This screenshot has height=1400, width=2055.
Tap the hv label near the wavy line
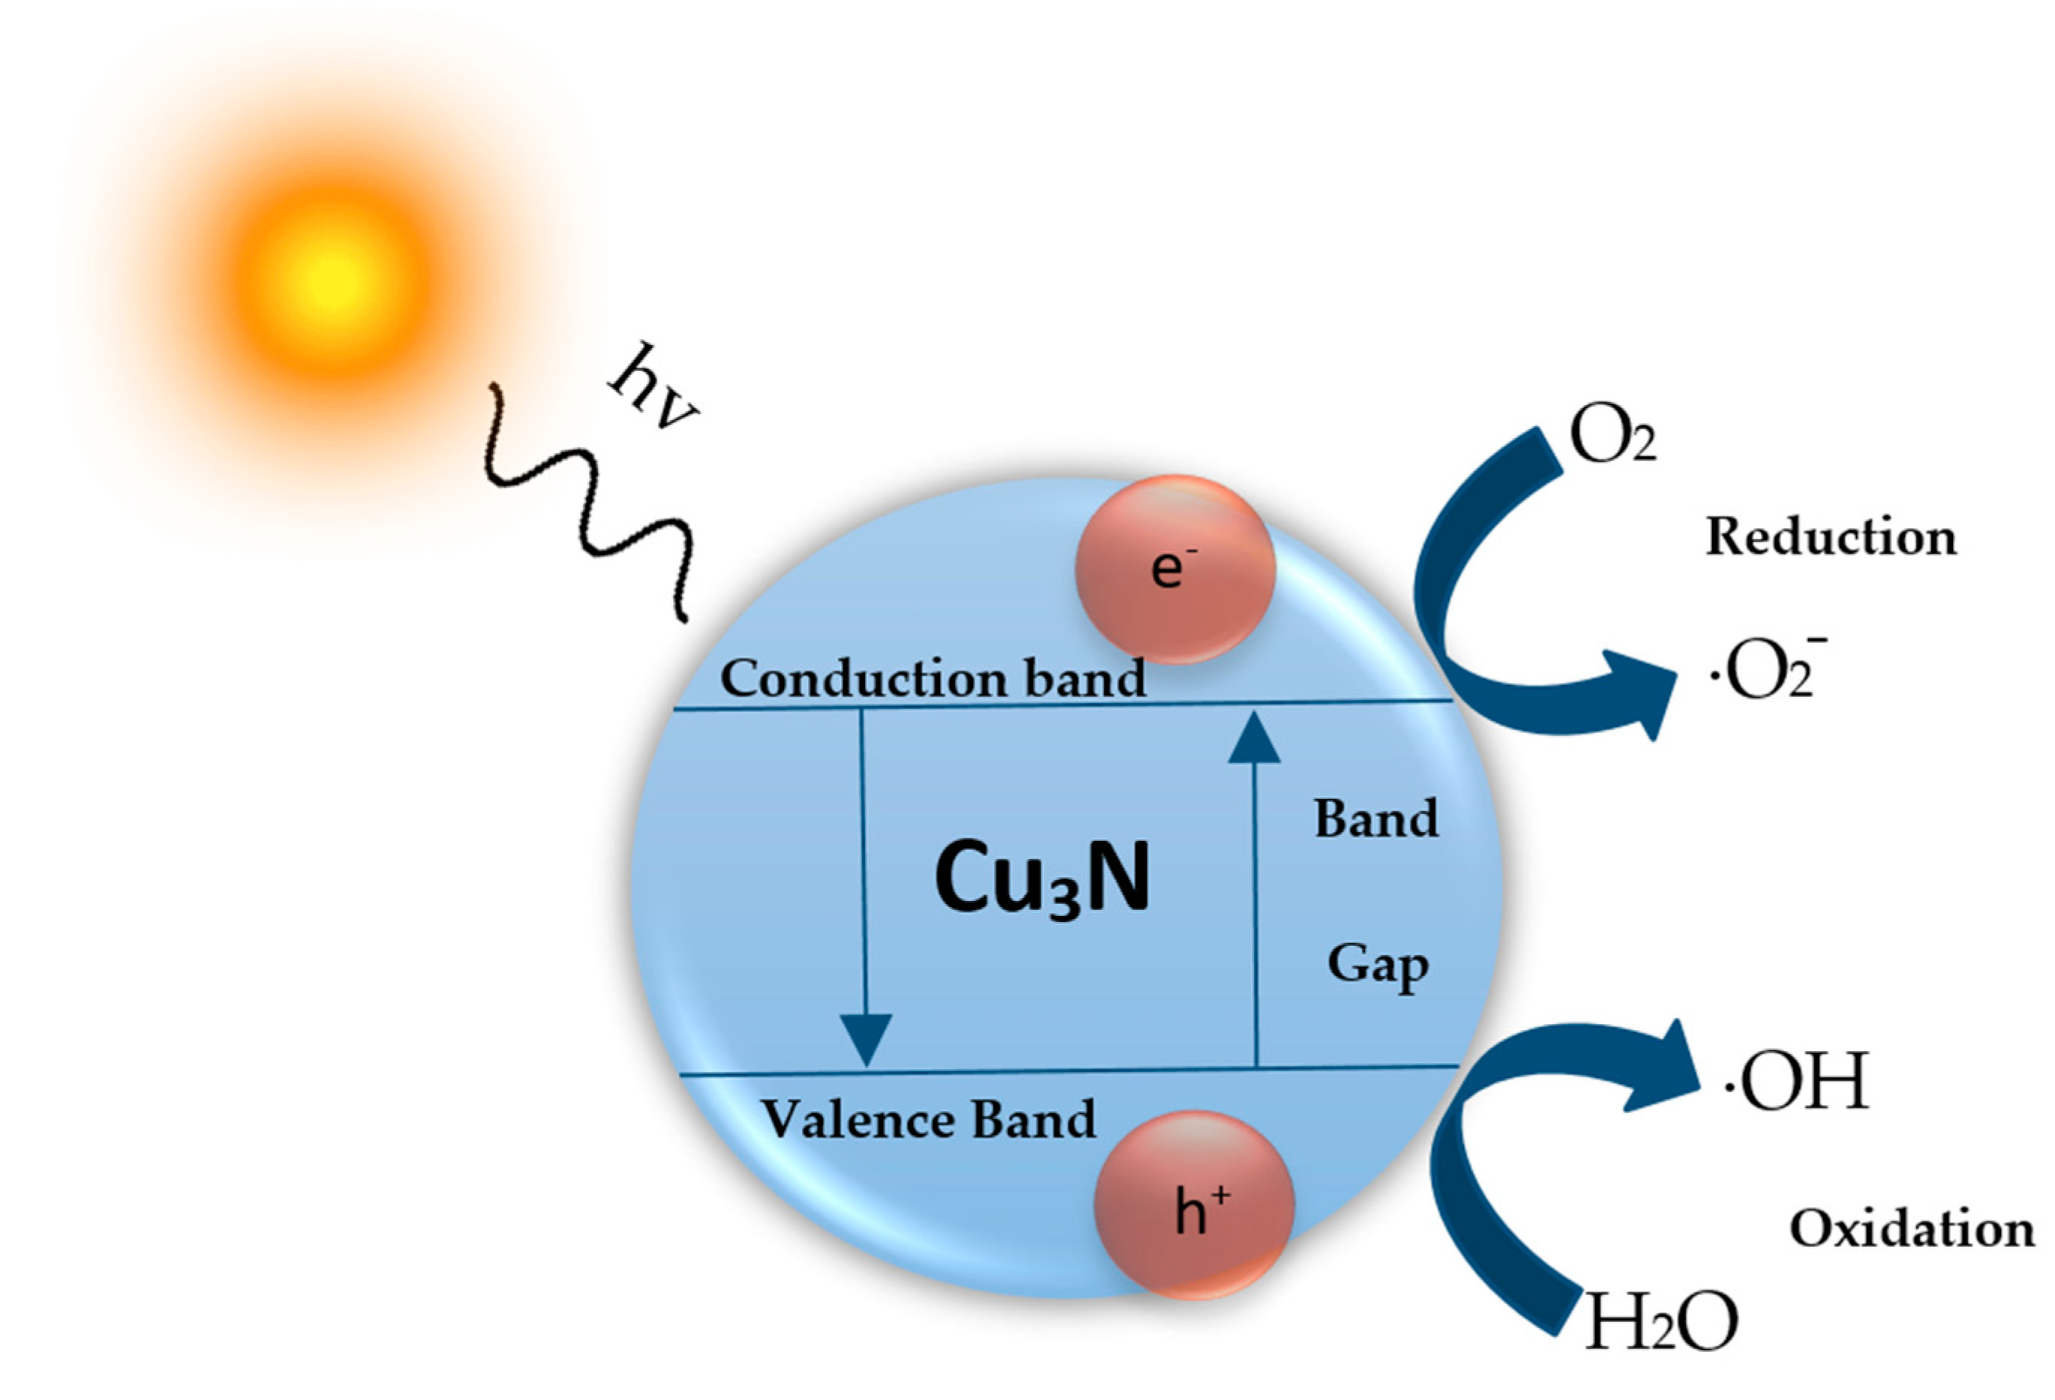652,390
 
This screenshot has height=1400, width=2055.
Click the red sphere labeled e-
1174,569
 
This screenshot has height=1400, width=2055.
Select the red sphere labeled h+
1194,1204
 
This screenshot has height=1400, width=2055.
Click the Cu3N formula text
1041,879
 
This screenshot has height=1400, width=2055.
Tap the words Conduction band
932,679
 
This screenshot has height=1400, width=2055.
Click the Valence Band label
929,1119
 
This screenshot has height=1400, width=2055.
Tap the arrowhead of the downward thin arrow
866,1039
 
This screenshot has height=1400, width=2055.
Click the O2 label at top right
1611,436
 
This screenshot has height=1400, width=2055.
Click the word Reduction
1831,537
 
